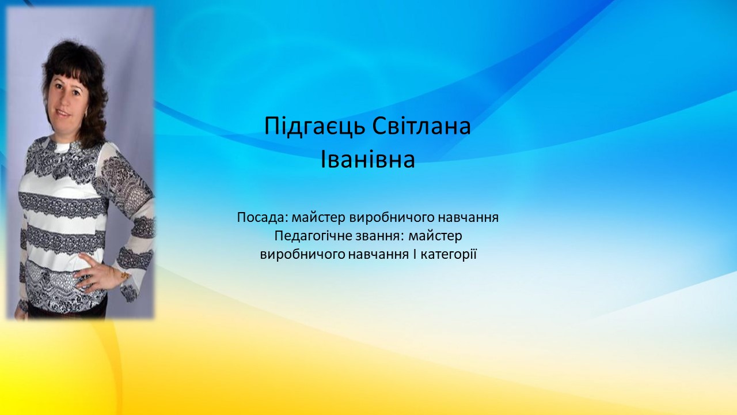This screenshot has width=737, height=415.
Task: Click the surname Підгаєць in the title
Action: tap(315, 126)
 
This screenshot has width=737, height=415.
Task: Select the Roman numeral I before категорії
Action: tap(415, 254)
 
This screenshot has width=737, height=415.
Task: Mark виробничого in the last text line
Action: tap(303, 255)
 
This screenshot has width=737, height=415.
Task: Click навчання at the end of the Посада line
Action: tap(469, 218)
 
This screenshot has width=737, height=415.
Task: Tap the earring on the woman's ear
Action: tap(86, 114)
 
